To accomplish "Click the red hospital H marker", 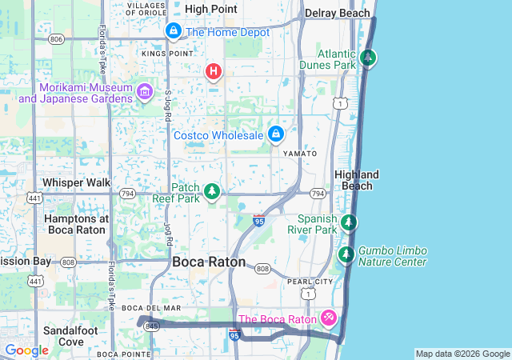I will [x=213, y=72].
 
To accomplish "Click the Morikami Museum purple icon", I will [x=144, y=92].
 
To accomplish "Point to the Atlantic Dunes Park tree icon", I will [x=368, y=58].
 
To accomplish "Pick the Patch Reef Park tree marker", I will [x=212, y=191].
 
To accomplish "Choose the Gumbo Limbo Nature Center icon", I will [x=346, y=255].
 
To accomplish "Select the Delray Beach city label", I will [x=337, y=14].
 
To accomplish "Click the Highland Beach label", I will [x=357, y=180].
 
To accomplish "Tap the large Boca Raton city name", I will [x=210, y=262].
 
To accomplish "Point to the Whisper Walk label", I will [x=77, y=182].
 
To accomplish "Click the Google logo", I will [x=26, y=350].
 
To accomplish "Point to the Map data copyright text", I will [x=462, y=354].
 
